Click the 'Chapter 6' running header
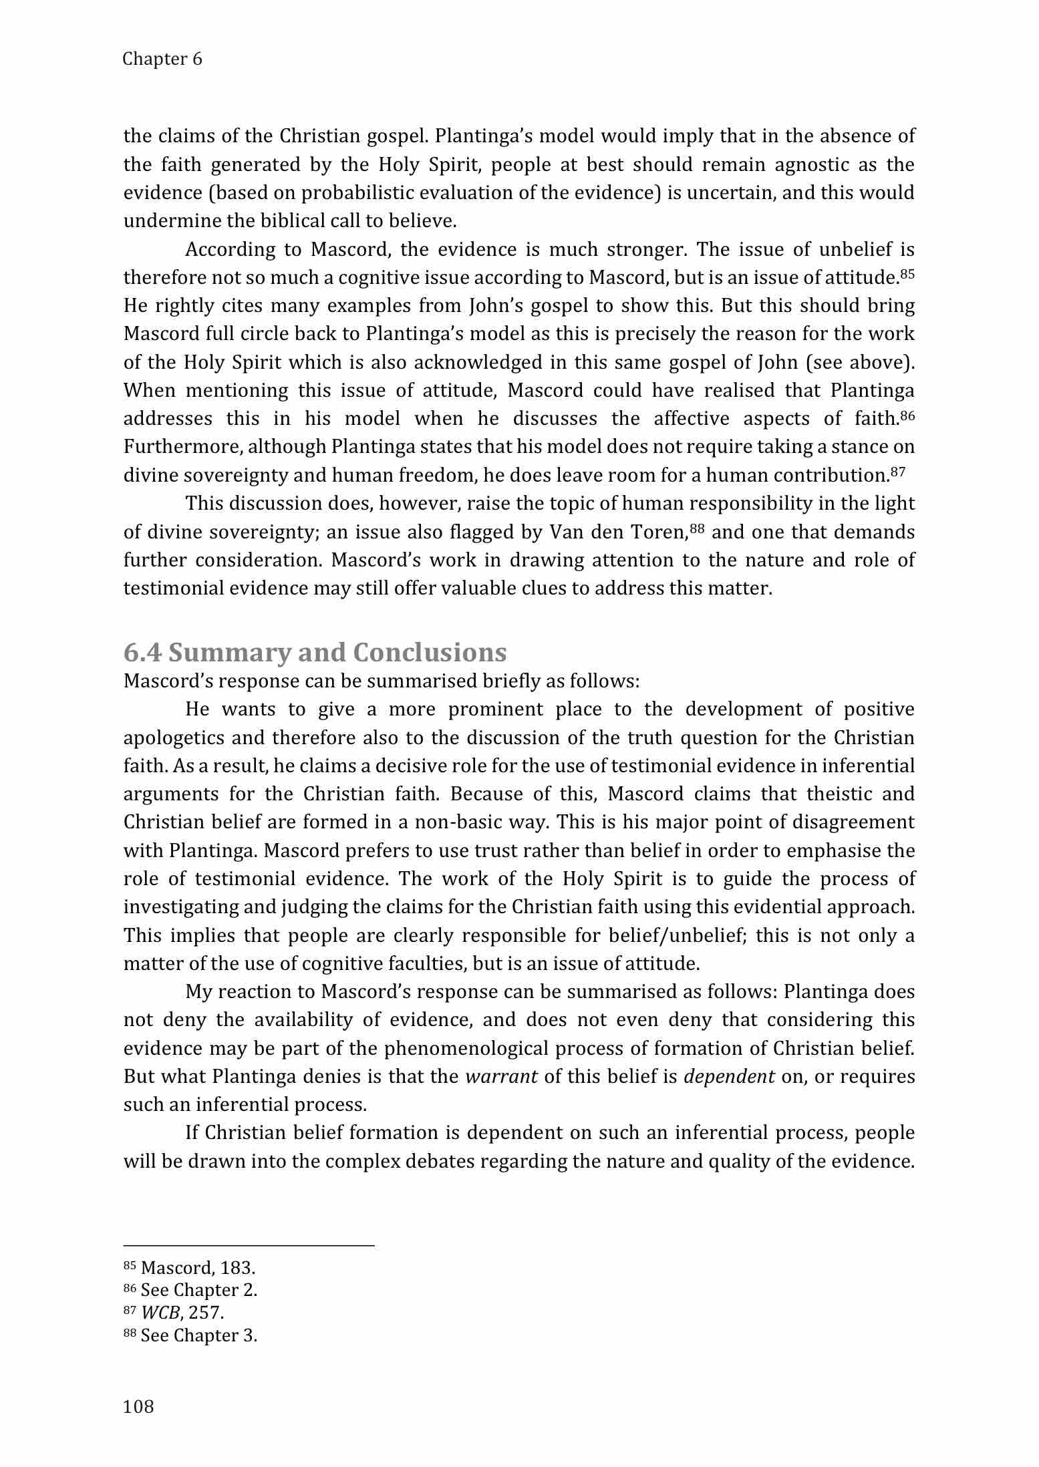[162, 59]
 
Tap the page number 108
[138, 1407]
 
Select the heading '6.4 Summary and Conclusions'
[315, 651]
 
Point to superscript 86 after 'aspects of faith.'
[907, 415]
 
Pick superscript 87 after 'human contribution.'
[898, 471]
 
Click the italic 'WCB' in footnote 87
[160, 1313]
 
